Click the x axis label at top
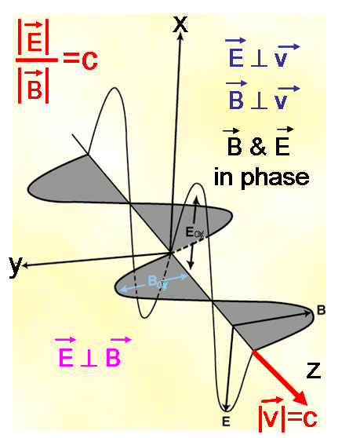coord(180,24)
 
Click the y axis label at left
coord(16,266)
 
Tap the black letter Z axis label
coord(314,370)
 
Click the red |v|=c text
coord(288,418)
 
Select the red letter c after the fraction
coord(89,60)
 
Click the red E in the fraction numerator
coord(35,42)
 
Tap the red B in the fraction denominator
coord(35,89)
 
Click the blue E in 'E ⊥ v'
coord(236,58)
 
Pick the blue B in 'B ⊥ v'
coord(236,100)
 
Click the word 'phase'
coord(275,178)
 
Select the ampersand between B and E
coord(258,147)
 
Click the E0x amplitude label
coord(195,232)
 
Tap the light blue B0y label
coord(158,282)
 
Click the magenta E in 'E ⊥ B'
coord(66,357)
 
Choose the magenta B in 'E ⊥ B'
coord(113,357)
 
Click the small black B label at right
coord(322,310)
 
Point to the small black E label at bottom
coord(226,422)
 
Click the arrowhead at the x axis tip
coord(181,36)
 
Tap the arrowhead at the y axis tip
coord(25,265)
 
